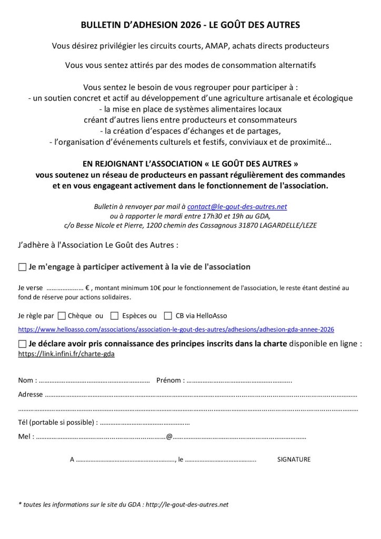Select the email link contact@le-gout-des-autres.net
click(x=237, y=207)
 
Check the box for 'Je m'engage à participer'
click(x=22, y=267)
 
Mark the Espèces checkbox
click(x=114, y=316)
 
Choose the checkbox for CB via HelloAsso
click(x=168, y=316)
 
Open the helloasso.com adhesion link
click(x=176, y=330)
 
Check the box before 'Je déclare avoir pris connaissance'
click(x=22, y=344)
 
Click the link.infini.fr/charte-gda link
click(x=66, y=354)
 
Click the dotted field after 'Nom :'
click(x=95, y=381)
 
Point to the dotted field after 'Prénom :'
click(x=239, y=381)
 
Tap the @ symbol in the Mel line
click(x=169, y=436)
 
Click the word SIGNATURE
click(x=294, y=460)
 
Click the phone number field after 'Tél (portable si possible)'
click(x=144, y=423)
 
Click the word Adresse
click(x=31, y=394)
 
